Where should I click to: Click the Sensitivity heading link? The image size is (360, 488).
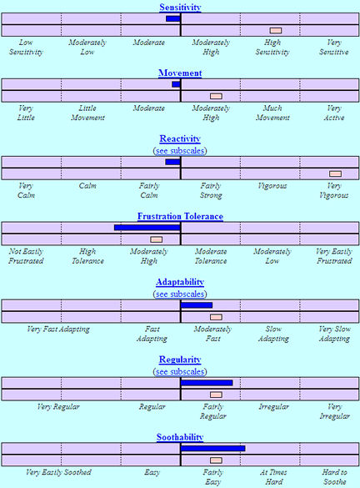point(180,8)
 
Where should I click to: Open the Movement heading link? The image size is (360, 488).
point(180,73)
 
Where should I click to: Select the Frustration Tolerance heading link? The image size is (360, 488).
point(180,216)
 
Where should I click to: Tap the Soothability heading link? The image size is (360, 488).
point(180,437)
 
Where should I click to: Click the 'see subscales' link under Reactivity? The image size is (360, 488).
point(180,151)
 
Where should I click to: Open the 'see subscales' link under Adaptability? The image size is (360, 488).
point(180,294)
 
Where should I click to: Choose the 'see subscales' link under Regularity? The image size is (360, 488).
point(180,371)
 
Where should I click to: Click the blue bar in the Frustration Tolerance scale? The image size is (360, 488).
point(147,228)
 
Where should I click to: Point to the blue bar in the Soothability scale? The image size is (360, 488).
point(213,449)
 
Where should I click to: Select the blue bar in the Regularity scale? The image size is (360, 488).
point(207,383)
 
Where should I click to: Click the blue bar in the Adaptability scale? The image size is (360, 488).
point(197,305)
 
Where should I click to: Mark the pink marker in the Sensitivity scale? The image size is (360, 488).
point(276,30)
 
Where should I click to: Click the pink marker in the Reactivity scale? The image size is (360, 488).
point(336,174)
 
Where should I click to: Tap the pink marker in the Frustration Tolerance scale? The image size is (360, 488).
point(157,239)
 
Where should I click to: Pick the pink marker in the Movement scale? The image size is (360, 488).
point(216,96)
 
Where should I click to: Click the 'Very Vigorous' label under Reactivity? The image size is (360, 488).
point(334,190)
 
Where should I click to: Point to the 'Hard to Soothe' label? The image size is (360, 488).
point(334,477)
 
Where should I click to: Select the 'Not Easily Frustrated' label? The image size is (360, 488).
point(26,256)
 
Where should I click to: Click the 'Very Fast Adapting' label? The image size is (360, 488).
point(58,329)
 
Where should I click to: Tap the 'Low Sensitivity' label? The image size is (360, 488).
point(26,47)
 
